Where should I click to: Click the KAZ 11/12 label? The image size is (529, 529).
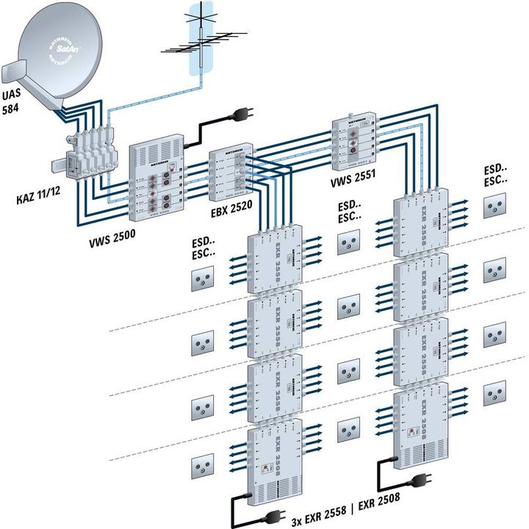(39, 199)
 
